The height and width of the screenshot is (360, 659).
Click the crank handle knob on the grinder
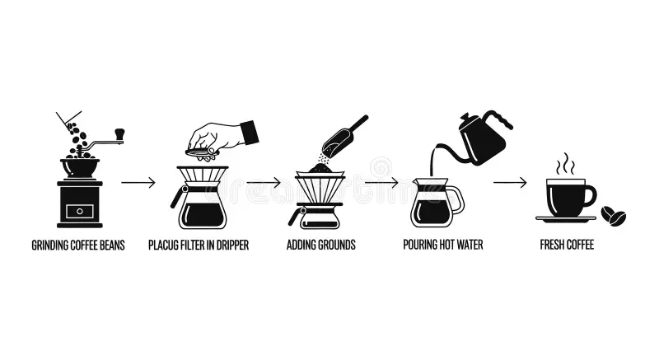pyautogui.click(x=119, y=133)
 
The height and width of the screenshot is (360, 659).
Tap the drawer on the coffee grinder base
pyautogui.click(x=80, y=211)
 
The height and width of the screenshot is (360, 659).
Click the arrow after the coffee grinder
pyautogui.click(x=138, y=182)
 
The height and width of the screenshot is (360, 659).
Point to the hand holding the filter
pyautogui.click(x=222, y=138)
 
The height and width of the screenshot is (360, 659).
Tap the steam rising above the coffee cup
pyautogui.click(x=566, y=164)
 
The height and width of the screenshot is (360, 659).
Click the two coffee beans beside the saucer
pyautogui.click(x=613, y=216)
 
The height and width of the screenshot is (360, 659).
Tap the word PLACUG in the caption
pyautogui.click(x=163, y=245)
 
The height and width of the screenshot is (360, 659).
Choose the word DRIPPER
pyautogui.click(x=231, y=245)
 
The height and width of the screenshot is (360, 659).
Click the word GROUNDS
pyautogui.click(x=338, y=245)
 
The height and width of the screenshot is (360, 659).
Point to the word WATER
pyautogui.click(x=470, y=245)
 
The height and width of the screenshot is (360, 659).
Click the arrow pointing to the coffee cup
pyautogui.click(x=510, y=182)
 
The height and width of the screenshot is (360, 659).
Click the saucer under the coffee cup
pyautogui.click(x=566, y=219)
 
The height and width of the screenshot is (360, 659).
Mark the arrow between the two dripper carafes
pyautogui.click(x=264, y=182)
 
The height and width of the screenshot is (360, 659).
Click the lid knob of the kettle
pyautogui.click(x=465, y=116)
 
